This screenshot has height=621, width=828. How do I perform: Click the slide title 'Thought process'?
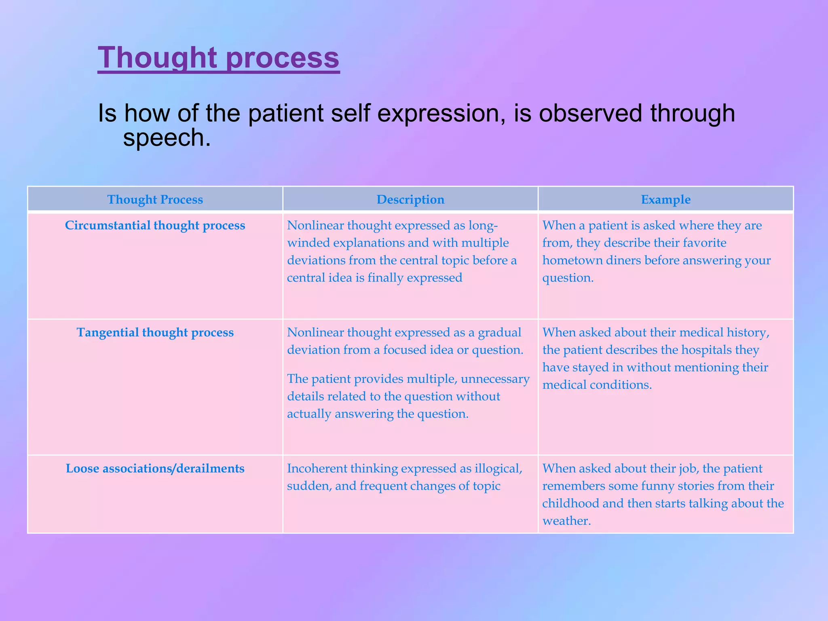[218, 58]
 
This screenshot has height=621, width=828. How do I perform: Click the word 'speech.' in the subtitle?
[167, 138]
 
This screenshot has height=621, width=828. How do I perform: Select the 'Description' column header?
[410, 199]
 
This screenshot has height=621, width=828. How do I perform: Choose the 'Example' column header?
[665, 199]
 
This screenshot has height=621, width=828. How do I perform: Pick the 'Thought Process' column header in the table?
[155, 199]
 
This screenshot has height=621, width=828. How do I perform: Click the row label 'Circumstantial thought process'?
[155, 225]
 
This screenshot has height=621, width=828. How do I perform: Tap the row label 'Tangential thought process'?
[155, 332]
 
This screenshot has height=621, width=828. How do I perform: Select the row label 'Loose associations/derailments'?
[155, 468]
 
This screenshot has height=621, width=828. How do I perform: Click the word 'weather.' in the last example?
[566, 521]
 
